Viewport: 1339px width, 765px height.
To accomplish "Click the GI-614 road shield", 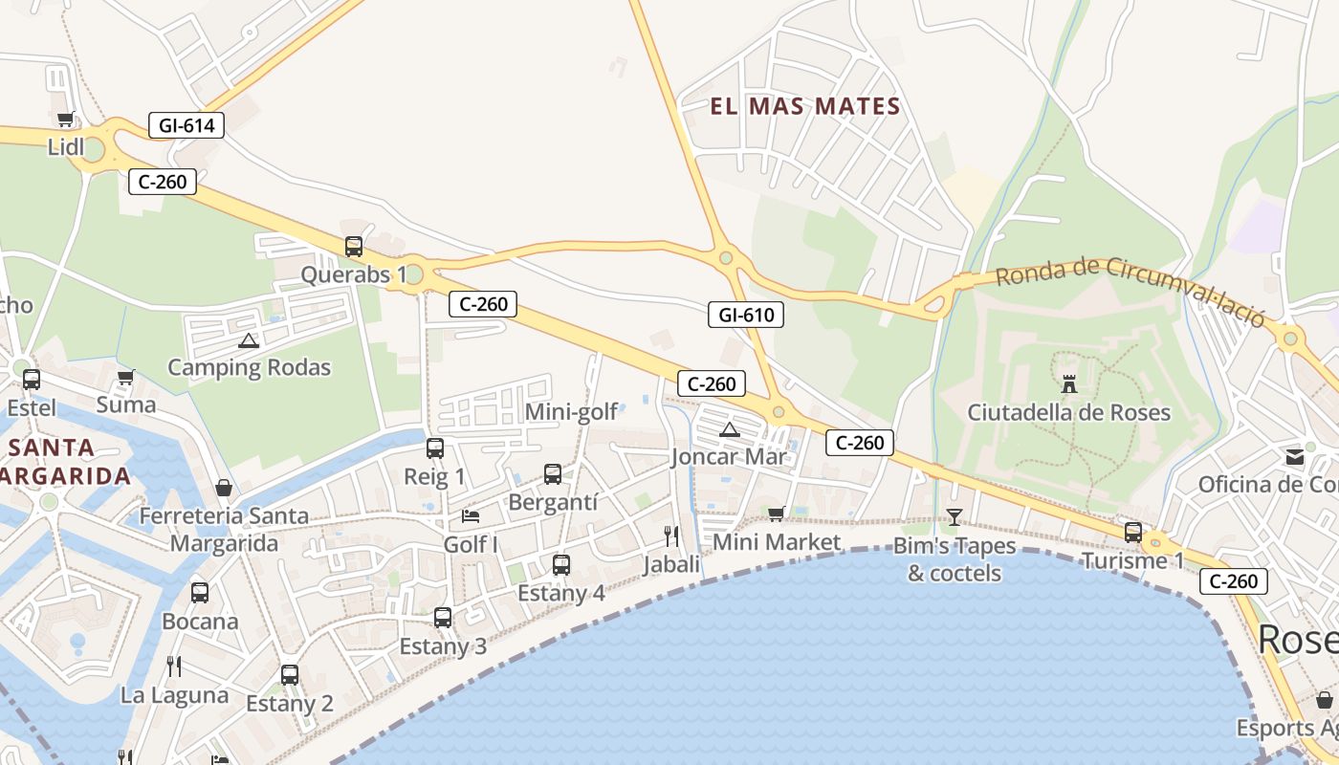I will tap(187, 124).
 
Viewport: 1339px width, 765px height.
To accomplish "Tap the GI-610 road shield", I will tap(746, 314).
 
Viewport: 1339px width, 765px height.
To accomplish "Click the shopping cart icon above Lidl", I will tap(65, 120).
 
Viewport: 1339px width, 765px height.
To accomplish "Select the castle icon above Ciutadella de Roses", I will tap(1069, 384).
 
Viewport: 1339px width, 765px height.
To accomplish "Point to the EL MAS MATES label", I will tap(805, 106).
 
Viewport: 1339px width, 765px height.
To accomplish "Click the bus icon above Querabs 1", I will tap(354, 247).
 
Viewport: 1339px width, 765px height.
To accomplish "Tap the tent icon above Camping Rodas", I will tap(249, 339).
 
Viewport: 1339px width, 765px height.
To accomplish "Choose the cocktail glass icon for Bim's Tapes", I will tap(954, 517).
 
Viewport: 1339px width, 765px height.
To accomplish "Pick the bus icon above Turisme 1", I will tap(1133, 533).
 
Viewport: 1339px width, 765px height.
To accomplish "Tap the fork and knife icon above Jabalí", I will tap(671, 536).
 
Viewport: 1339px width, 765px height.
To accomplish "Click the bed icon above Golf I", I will tap(471, 516).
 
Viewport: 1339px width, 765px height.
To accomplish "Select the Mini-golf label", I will tap(572, 413).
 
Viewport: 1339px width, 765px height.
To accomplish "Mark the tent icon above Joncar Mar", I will tap(730, 429).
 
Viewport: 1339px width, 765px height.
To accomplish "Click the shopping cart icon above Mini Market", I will tap(777, 514).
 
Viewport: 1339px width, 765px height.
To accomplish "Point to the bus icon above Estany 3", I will tap(442, 618).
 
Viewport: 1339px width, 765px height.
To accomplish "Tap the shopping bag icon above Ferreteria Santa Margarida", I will tap(224, 488).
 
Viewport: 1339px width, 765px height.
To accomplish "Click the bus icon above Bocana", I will tap(200, 593).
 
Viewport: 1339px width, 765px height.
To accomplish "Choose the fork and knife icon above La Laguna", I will tap(174, 666).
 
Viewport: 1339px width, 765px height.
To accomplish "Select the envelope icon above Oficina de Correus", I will tap(1295, 456).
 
